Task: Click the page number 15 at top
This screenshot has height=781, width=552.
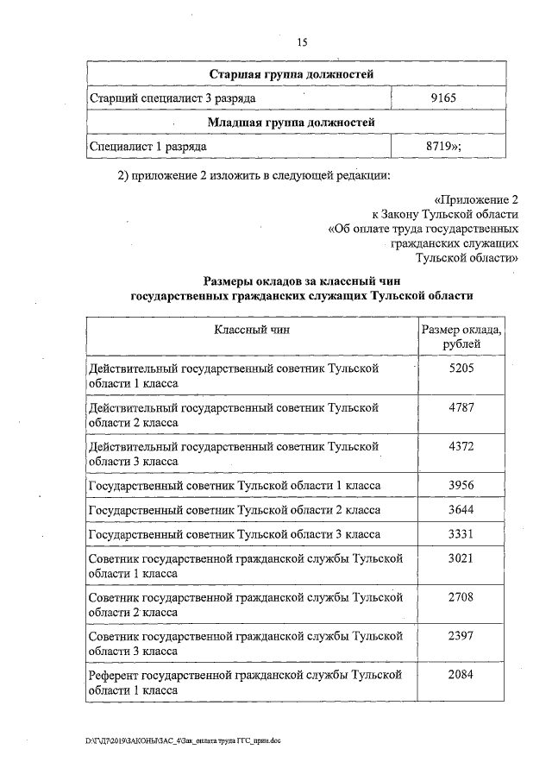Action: (x=302, y=42)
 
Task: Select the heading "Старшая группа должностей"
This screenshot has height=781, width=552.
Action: (x=297, y=74)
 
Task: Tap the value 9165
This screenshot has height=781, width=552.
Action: (x=448, y=98)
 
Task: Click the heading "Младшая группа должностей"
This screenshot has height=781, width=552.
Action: (x=297, y=123)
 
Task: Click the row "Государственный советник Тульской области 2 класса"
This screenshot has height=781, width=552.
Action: (x=235, y=510)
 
